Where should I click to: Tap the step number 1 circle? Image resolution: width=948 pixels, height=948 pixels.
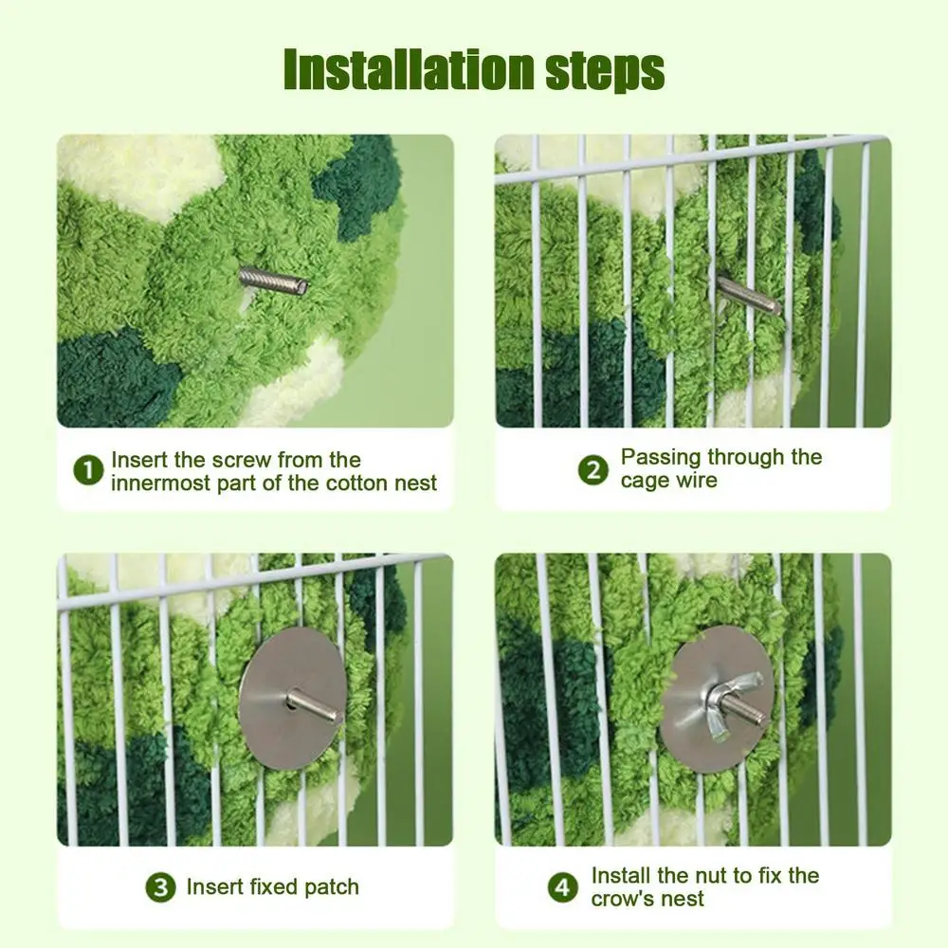coord(89,471)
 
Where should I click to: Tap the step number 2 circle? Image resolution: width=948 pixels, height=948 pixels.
coord(593,469)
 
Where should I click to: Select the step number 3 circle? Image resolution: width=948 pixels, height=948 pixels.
coord(160,888)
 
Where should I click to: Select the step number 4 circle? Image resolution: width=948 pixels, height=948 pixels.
coord(563,888)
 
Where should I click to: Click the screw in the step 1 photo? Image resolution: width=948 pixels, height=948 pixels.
coord(272,280)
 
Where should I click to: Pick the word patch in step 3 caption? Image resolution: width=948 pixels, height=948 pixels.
coord(332,888)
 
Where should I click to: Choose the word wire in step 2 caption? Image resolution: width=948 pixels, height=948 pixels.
coord(697,481)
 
